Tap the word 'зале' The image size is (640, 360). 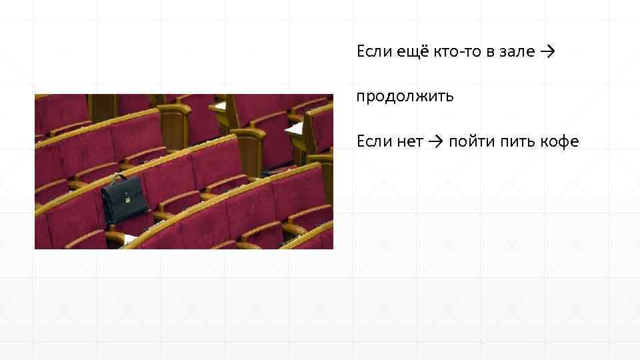(515, 51)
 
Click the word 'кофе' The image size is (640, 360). (561, 141)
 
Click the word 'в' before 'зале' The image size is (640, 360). (489, 51)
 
